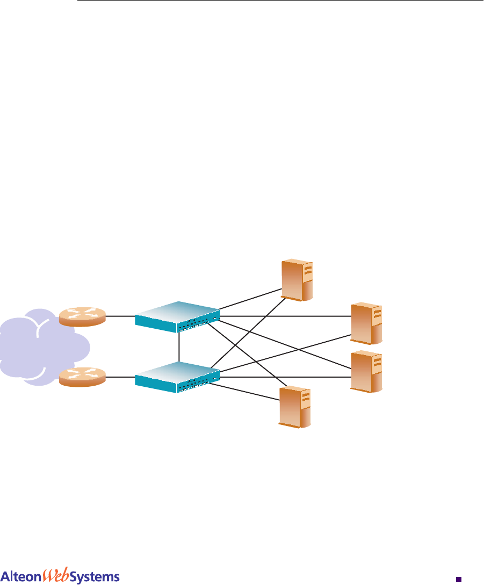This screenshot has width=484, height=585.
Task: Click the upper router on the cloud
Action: [83, 316]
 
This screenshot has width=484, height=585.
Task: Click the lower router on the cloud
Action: [83, 377]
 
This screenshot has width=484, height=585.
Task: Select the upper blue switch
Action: [177, 317]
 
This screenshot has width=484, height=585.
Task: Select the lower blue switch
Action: [177, 377]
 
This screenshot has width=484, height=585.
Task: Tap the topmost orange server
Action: [298, 279]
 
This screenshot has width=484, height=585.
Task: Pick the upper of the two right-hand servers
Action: [366, 323]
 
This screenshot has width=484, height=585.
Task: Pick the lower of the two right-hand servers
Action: [366, 372]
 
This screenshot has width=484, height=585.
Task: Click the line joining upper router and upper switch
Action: [120, 316]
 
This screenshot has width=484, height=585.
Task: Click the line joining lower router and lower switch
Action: [120, 377]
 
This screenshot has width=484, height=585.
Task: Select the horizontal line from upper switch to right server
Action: [285, 316]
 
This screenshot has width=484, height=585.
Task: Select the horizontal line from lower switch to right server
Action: [285, 377]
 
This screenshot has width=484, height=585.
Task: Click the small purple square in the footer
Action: [458, 579]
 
